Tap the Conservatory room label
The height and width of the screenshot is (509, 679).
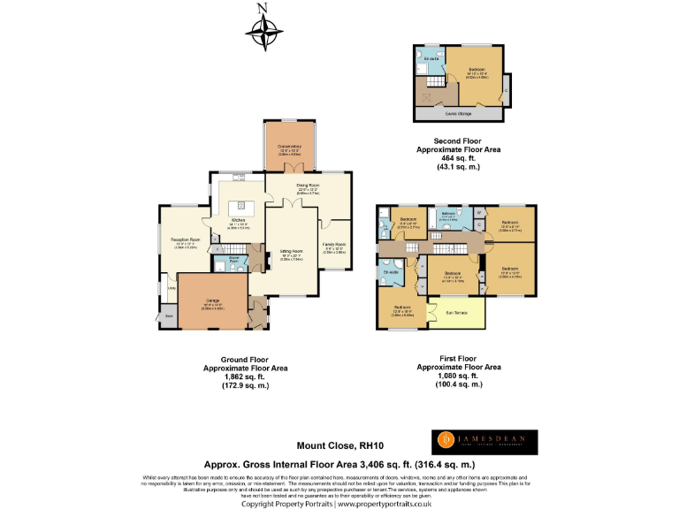(x=290, y=147)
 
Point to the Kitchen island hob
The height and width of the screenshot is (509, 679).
(x=239, y=206)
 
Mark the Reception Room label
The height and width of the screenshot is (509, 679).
(x=185, y=241)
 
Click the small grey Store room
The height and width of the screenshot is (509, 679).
(x=168, y=316)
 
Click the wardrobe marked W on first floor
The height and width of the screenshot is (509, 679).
(x=478, y=211)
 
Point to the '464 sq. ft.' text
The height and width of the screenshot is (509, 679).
(x=459, y=159)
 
